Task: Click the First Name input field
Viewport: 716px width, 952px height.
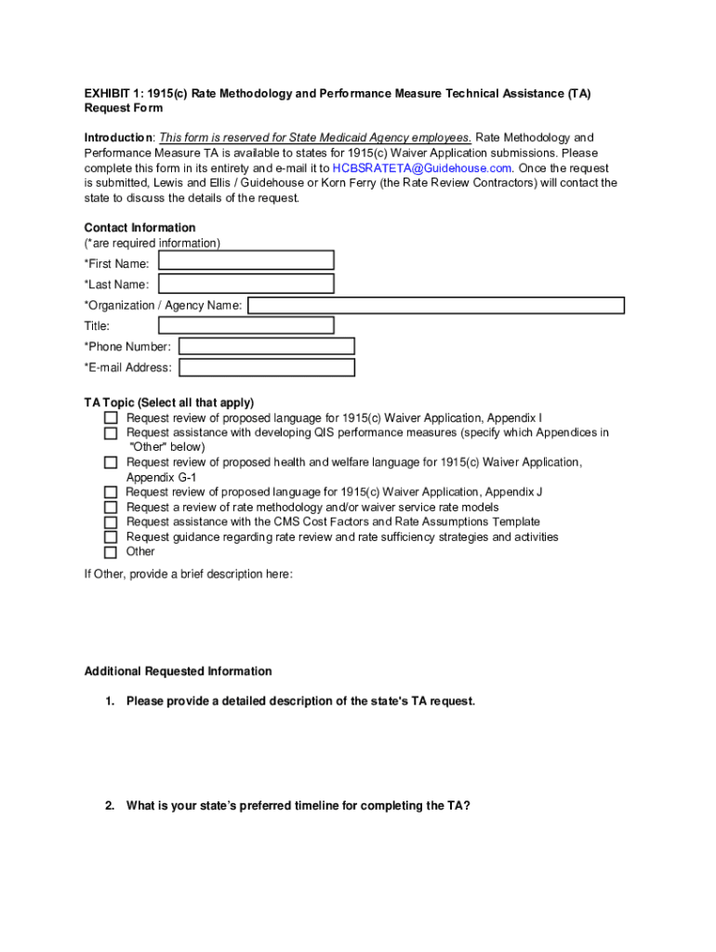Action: pos(246,260)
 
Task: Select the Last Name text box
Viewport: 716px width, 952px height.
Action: pos(246,284)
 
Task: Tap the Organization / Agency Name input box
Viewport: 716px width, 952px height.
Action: pos(435,305)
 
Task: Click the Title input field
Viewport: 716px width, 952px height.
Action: pos(246,325)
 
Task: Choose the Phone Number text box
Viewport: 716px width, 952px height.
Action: pos(267,347)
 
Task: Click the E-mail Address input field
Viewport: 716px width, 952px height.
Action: pos(267,367)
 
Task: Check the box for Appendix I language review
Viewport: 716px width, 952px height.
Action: pos(111,418)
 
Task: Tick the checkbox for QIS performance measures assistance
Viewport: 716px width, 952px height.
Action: pos(111,433)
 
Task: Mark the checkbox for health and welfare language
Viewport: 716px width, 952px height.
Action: pos(111,463)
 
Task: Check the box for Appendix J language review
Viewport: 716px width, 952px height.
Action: pos(111,493)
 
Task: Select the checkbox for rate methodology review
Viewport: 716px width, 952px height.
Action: pos(111,508)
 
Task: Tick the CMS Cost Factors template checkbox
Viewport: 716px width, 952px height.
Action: pos(111,522)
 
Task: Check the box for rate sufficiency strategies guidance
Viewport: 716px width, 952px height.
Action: pos(111,537)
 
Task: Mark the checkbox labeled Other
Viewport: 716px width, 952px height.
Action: pos(111,552)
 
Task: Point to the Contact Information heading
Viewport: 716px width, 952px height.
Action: pos(139,228)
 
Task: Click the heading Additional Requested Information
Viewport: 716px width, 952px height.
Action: pos(178,671)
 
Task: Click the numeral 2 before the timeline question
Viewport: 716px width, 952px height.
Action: pos(110,806)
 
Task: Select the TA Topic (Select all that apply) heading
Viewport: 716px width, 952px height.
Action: pos(168,403)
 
